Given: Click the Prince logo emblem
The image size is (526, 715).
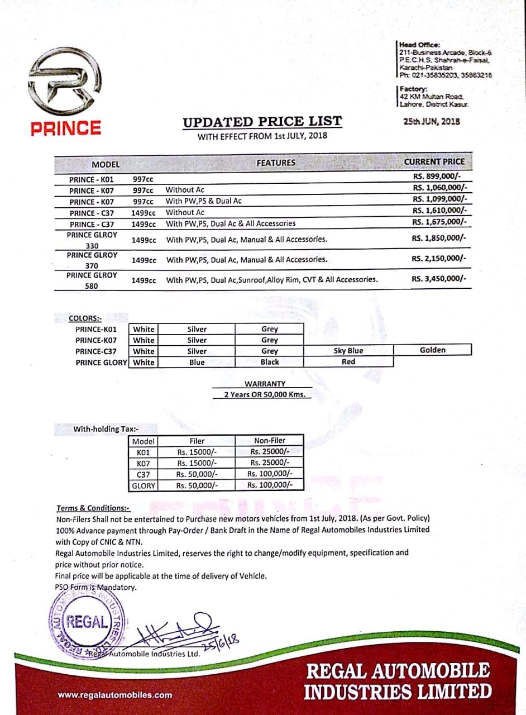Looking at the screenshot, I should pyautogui.click(x=66, y=83).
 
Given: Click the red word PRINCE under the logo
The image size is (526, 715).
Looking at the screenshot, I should pyautogui.click(x=66, y=128).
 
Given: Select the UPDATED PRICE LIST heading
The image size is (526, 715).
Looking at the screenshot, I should pyautogui.click(x=262, y=122).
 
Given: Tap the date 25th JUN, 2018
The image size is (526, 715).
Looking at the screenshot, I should pyautogui.click(x=431, y=121).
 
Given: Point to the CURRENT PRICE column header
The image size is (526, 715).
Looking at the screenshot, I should pyautogui.click(x=434, y=161).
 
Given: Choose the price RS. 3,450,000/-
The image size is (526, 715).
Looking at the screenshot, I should pyautogui.click(x=438, y=278).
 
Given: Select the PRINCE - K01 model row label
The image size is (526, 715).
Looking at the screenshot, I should pyautogui.click(x=91, y=180).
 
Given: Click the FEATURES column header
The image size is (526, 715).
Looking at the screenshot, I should pyautogui.click(x=275, y=163).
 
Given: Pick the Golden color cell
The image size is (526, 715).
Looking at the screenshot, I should pyautogui.click(x=433, y=350).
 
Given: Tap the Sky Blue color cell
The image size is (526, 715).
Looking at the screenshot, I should pyautogui.click(x=348, y=351).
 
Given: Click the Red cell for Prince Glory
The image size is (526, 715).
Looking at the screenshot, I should pyautogui.click(x=348, y=361).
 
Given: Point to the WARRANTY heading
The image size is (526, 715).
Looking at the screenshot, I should pyautogui.click(x=265, y=384).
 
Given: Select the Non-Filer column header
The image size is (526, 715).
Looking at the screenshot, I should pyautogui.click(x=269, y=441).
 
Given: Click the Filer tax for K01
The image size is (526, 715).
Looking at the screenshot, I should pyautogui.click(x=197, y=452).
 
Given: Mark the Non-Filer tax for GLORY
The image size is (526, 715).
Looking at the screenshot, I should pyautogui.click(x=269, y=485).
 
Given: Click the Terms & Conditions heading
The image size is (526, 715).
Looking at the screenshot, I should pyautogui.click(x=93, y=508).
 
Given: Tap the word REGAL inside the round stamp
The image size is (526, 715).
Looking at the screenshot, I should pyautogui.click(x=87, y=622).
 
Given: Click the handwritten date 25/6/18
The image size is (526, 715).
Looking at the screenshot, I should pyautogui.click(x=223, y=640).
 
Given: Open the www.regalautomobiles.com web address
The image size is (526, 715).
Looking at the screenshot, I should pyautogui.click(x=114, y=695).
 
